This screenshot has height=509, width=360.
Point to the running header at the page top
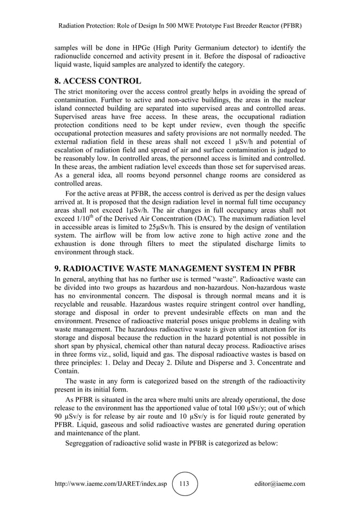[179, 27]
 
